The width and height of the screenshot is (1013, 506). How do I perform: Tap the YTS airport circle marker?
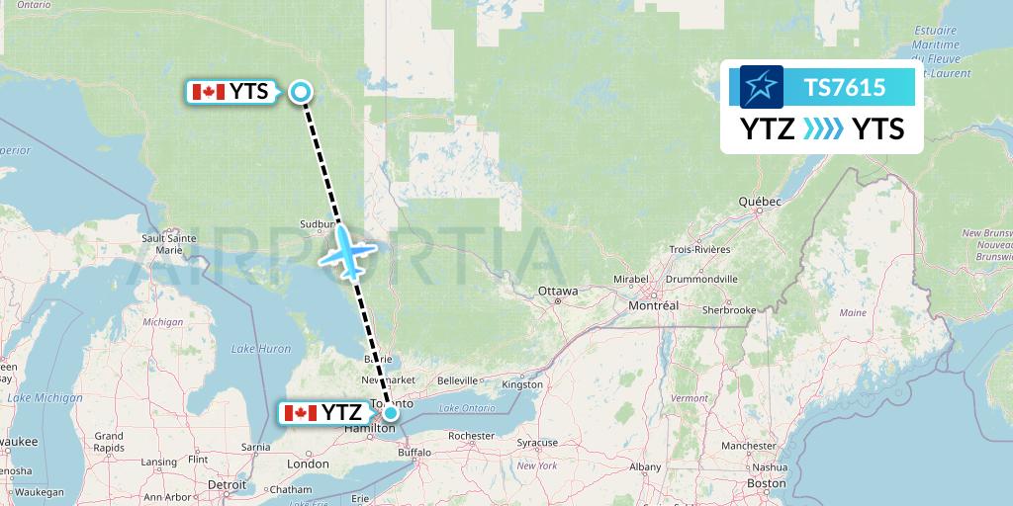pyautogui.click(x=301, y=93)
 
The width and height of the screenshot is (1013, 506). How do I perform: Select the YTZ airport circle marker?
pyautogui.click(x=392, y=413)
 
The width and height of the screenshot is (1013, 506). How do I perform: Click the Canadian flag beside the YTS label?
pyautogui.click(x=207, y=93)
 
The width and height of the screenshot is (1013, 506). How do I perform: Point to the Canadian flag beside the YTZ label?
pyautogui.click(x=300, y=413)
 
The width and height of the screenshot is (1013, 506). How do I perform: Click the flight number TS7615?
pyautogui.click(x=844, y=88)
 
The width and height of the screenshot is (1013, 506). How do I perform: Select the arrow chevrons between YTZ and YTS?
pyautogui.click(x=823, y=128)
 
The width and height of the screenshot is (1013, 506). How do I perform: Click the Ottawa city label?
pyautogui.click(x=557, y=292)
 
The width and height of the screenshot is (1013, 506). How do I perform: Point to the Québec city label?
pyautogui.click(x=760, y=202)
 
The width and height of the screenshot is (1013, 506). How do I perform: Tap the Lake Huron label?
pyautogui.click(x=260, y=349)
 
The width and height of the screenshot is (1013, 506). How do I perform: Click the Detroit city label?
pyautogui.click(x=227, y=485)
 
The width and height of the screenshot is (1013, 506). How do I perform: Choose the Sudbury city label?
pyautogui.click(x=319, y=224)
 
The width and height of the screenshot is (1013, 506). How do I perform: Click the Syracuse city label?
pyautogui.click(x=542, y=442)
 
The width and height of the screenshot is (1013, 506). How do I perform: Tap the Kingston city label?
pyautogui.click(x=522, y=384)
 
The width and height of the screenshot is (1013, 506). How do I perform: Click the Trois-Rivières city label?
pyautogui.click(x=699, y=250)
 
